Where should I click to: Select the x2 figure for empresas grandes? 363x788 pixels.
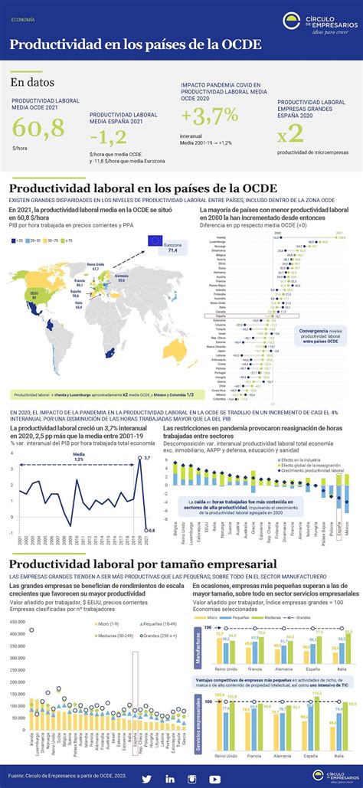[x=290, y=133]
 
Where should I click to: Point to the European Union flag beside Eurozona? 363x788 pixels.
[x=156, y=241]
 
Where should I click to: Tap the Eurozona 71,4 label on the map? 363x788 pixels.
[x=172, y=247]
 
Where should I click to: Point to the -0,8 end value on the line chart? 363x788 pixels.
[x=151, y=508]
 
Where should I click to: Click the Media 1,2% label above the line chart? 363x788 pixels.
[x=80, y=456]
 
